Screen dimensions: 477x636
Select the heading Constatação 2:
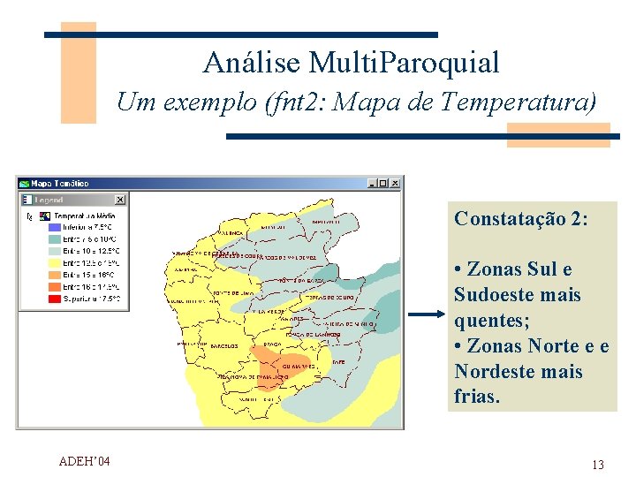point(520,218)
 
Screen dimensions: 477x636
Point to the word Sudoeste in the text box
point(496,294)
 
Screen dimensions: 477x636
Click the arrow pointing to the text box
point(427,314)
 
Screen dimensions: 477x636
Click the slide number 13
point(598,465)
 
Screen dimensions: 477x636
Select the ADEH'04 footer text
point(84,460)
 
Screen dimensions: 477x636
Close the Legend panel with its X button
point(120,200)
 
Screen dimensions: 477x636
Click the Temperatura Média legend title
point(85,215)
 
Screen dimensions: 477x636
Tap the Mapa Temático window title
point(61,183)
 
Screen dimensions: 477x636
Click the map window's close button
point(395,183)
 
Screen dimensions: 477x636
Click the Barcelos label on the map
point(225,345)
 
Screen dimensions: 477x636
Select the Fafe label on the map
point(337,360)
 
